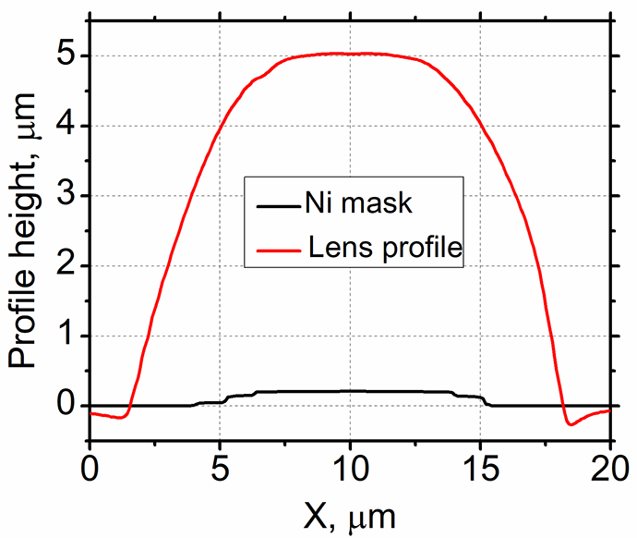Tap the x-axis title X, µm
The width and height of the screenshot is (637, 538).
pyautogui.click(x=350, y=514)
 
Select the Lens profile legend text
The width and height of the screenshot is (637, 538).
pyautogui.click(x=386, y=247)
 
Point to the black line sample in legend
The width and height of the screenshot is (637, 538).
pyautogui.click(x=279, y=202)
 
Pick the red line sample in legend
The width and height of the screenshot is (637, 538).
pyautogui.click(x=279, y=247)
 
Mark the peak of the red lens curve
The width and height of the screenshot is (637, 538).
pyautogui.click(x=350, y=54)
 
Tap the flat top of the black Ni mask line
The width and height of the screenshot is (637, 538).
pyautogui.click(x=350, y=391)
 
